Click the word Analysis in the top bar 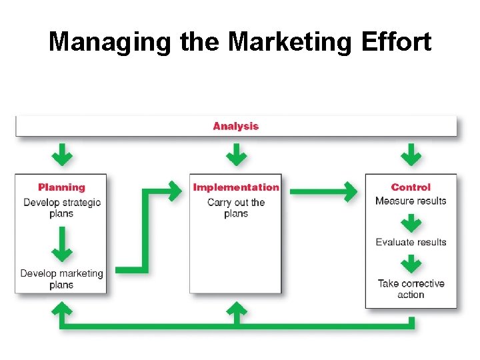tap(235, 126)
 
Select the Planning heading tap(61, 187)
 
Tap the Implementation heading tap(236, 187)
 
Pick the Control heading tap(411, 187)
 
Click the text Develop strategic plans tap(61, 207)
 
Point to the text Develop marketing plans tap(61, 279)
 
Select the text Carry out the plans tap(236, 208)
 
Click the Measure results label tap(411, 201)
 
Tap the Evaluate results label tap(411, 242)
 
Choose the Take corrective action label tap(411, 289)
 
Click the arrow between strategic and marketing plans tap(62, 244)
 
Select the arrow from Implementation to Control tap(323, 192)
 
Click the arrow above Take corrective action tap(411, 264)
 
